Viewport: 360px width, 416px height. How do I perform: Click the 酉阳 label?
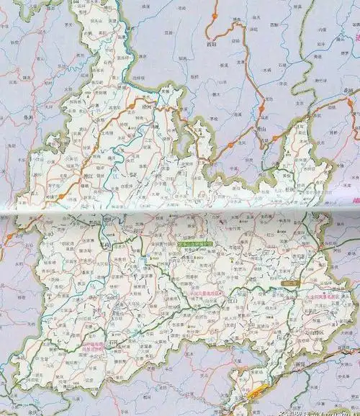(211, 42)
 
